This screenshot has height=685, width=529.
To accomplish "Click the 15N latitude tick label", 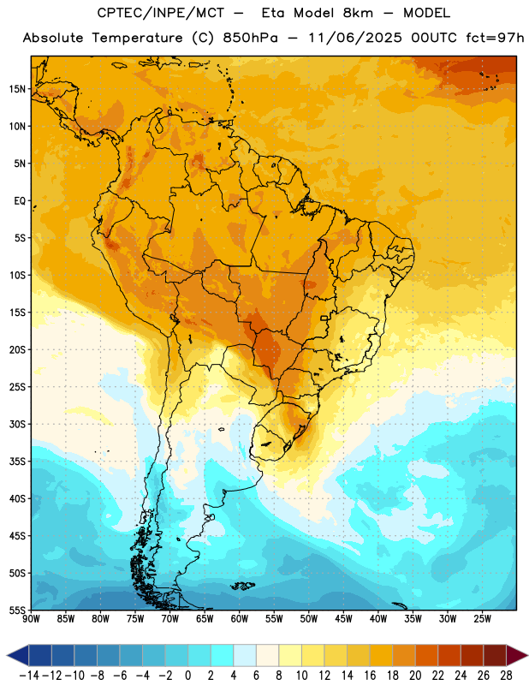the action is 17,89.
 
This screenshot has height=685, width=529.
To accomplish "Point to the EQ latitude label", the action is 20,201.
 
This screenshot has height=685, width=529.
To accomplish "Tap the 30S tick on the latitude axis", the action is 17,424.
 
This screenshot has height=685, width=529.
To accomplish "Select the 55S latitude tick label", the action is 17,611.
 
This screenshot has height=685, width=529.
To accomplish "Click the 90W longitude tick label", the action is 31,619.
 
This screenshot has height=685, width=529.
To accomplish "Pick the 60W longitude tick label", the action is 240,619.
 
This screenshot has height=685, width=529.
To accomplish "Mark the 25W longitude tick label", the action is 482,619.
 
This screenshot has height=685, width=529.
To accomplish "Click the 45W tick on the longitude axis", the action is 343,619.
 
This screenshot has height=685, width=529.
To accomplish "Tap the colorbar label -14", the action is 29,676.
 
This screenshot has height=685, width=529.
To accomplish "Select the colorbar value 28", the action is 506,676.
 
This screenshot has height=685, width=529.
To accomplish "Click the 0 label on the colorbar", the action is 187,676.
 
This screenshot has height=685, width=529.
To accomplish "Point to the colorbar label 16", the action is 370,676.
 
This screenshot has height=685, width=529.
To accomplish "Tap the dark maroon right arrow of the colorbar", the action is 517,655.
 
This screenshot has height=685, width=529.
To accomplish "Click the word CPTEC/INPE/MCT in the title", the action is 160,13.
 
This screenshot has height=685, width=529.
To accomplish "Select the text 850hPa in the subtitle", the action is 250,38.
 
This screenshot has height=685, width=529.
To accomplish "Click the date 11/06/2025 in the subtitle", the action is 354,38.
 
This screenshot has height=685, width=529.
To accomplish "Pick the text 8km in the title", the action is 358,13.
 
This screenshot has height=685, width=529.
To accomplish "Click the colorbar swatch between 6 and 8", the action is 267,655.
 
